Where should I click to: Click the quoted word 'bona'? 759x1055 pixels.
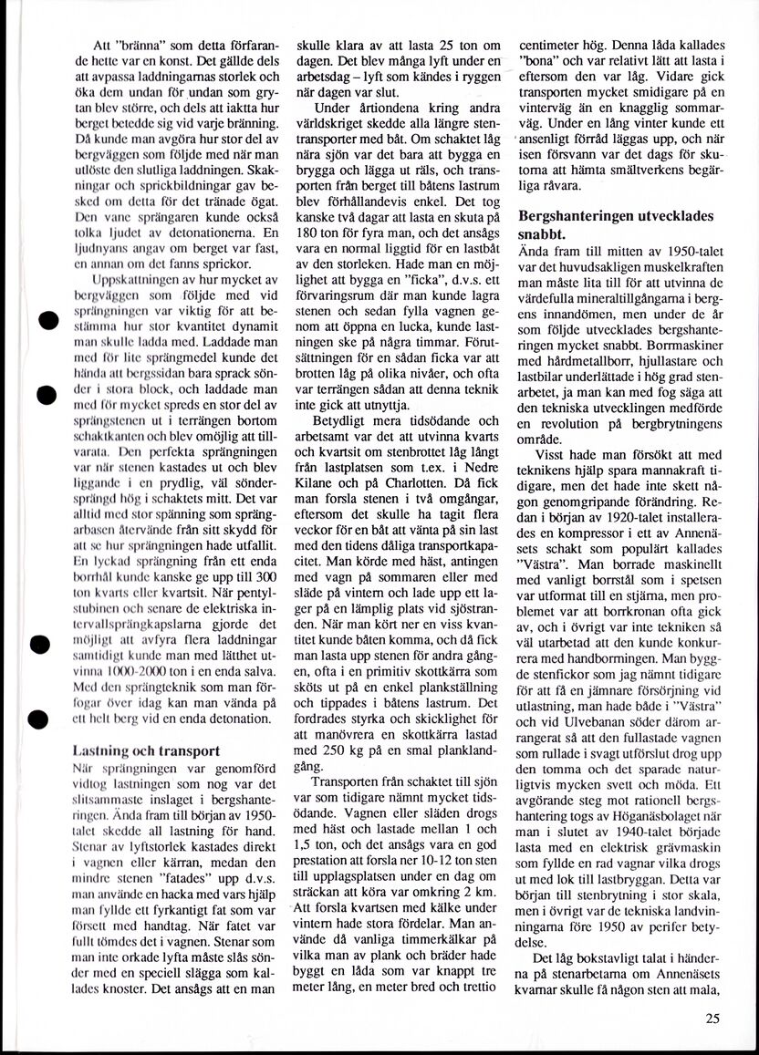pos(540,61)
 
